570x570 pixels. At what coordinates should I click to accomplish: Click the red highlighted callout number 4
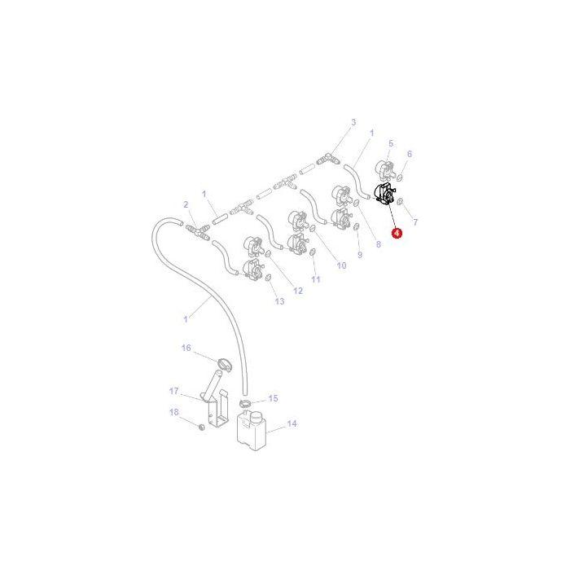397,234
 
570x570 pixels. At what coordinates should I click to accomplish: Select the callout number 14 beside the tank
292,423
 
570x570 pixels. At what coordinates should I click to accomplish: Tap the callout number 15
274,398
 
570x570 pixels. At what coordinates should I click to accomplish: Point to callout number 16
186,348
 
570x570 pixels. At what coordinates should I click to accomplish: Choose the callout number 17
173,391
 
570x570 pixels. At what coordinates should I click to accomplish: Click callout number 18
173,412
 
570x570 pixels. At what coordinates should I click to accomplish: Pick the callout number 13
279,301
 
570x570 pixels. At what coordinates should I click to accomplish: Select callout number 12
298,291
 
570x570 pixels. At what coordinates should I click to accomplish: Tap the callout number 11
316,279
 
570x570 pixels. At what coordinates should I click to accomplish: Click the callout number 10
341,265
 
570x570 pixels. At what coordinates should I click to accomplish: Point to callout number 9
359,255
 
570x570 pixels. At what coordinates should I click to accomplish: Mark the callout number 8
377,244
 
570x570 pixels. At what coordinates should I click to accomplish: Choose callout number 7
415,221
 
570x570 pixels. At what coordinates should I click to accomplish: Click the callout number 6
409,154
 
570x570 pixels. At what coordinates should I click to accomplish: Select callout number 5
390,143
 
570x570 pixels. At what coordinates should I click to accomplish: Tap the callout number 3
353,123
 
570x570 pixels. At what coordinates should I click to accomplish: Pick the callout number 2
185,204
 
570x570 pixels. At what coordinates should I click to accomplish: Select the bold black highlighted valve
383,197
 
